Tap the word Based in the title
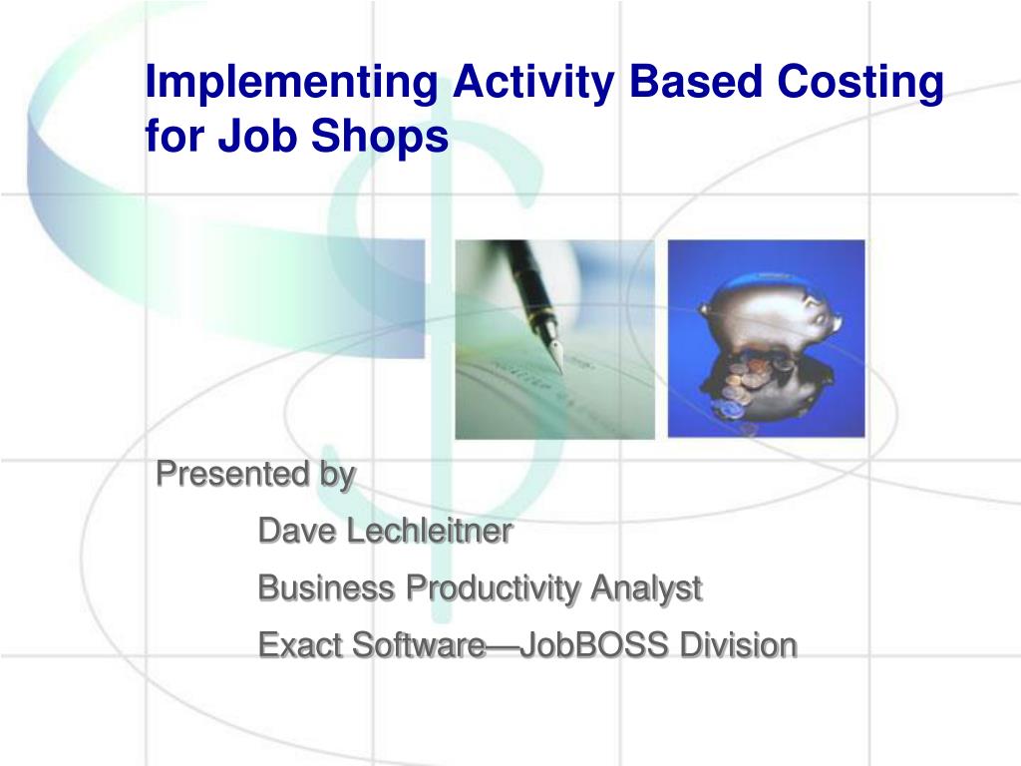tap(695, 81)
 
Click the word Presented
tap(232, 474)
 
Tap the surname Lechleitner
tap(430, 531)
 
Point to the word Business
tap(327, 587)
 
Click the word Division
tap(739, 645)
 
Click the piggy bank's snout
tap(834, 320)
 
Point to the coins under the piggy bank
tap(749, 384)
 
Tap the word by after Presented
tap(337, 476)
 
